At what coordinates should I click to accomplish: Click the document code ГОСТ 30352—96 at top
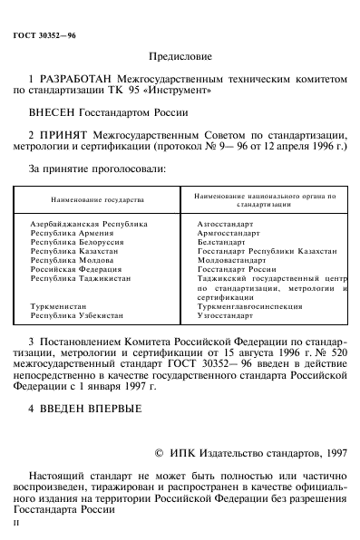(44, 34)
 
